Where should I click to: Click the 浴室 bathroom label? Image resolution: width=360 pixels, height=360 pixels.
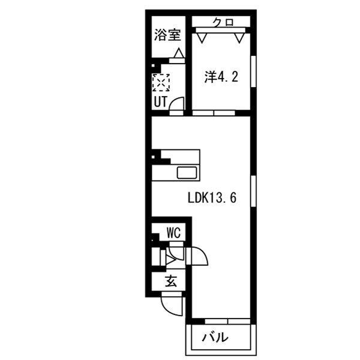pos(167,35)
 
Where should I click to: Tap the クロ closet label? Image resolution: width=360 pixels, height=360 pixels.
pos(223,23)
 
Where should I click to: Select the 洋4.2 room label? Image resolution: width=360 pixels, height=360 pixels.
pos(221,77)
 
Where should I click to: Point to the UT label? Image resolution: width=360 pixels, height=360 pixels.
pos(161,101)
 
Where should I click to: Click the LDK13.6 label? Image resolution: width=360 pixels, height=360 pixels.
pos(212,197)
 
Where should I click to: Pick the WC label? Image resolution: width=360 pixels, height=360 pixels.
pos(174,233)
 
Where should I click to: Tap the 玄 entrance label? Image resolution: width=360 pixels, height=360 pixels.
pos(171,281)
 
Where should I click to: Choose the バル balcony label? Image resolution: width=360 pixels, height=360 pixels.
pos(215,337)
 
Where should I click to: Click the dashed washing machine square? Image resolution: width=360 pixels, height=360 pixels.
pos(161,82)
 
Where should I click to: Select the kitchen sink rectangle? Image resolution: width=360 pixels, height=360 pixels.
pos(187,173)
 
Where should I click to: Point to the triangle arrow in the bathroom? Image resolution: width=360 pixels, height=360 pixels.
pos(179,53)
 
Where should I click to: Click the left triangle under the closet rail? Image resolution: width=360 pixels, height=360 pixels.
pos(202,38)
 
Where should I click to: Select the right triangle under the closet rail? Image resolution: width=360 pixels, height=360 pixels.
pos(239,38)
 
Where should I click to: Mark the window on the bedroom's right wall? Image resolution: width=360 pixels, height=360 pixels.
pos(253,71)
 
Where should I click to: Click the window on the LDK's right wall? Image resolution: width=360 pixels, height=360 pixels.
pos(253,191)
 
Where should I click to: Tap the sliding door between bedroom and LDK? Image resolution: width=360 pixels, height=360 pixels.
pos(214,113)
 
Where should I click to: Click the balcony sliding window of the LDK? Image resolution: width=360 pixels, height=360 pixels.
pos(227,321)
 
